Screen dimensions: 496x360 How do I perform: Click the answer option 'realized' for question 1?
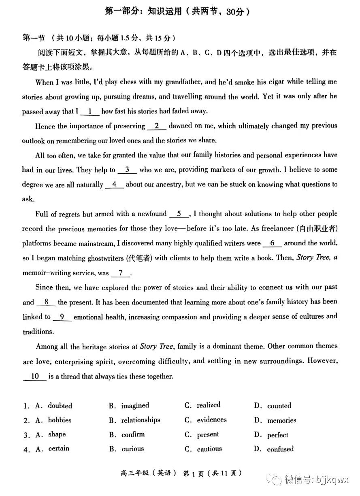(209, 405)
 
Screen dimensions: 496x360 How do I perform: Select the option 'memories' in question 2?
(281, 420)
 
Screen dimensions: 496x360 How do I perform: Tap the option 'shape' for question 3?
(57, 434)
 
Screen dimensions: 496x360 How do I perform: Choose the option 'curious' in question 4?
(132, 449)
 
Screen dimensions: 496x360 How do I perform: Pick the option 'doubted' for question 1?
(60, 406)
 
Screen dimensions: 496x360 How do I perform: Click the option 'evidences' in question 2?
(212, 420)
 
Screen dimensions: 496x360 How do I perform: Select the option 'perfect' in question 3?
(277, 435)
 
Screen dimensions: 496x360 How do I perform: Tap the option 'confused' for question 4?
(280, 449)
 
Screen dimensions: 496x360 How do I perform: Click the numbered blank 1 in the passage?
(90, 111)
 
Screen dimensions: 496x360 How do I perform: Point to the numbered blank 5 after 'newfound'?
(179, 214)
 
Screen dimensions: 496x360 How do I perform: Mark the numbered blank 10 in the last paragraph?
(35, 377)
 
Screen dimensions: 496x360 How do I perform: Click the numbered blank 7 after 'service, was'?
(121, 273)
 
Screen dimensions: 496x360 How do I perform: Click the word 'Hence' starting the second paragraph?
(45, 126)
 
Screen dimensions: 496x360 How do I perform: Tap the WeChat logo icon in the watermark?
(277, 480)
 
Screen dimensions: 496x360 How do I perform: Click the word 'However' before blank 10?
(322, 361)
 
